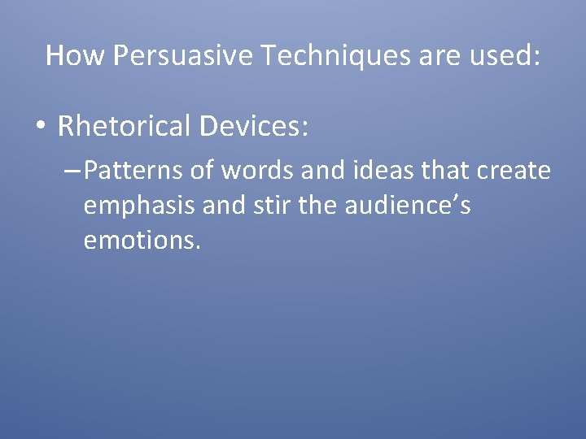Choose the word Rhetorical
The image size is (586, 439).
tap(123, 126)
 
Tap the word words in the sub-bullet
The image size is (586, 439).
tap(242, 171)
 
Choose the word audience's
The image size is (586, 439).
tap(407, 206)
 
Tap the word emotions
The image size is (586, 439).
tap(140, 241)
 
